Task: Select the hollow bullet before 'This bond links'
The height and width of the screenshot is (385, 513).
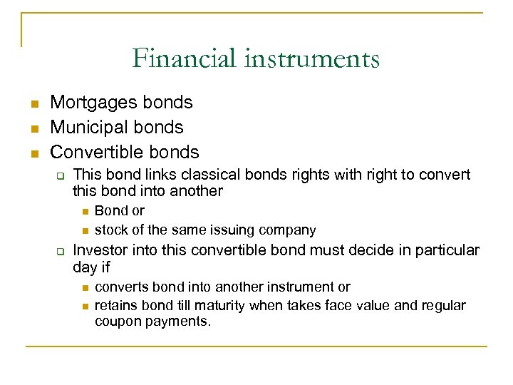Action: [61, 175]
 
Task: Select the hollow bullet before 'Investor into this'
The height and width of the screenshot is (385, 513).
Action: [61, 252]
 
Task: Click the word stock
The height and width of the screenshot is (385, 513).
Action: [110, 230]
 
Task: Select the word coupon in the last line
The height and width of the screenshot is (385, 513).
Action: [117, 322]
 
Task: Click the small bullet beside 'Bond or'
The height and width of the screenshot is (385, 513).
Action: [85, 211]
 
